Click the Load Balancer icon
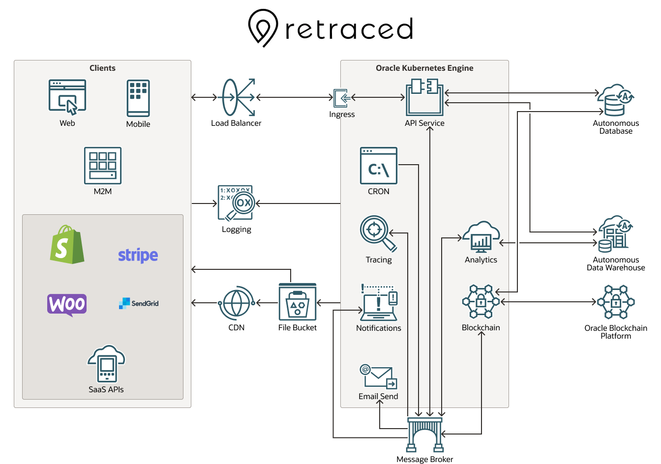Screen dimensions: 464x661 point(238,97)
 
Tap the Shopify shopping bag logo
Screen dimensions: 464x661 point(67,245)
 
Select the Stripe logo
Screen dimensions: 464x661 point(138,255)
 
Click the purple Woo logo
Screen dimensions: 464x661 point(67,305)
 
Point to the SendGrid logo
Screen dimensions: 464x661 point(139,303)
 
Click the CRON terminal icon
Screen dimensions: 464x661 point(378,166)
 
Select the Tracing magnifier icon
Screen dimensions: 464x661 point(377,233)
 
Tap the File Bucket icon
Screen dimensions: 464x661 point(297,302)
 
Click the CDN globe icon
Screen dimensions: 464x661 point(237,303)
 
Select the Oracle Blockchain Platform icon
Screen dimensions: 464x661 point(616,302)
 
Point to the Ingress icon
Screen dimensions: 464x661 point(342,98)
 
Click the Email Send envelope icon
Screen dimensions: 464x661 point(378,377)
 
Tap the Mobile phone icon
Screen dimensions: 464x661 point(138,98)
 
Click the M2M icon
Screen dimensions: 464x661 point(103,166)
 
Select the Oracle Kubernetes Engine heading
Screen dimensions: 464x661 point(424,68)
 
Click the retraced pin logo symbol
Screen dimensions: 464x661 point(263,28)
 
